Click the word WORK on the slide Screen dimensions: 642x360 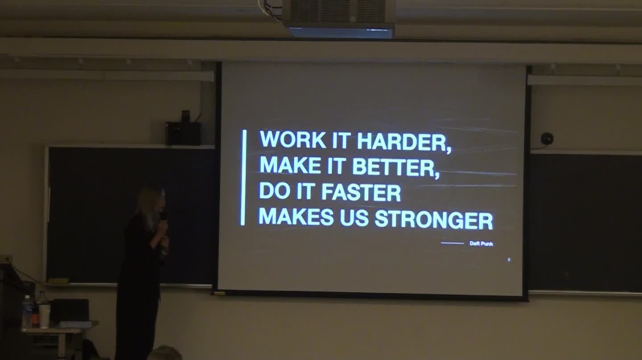click(x=292, y=140)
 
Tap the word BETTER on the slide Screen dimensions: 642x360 click(x=395, y=167)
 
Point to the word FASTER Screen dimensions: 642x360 click(x=361, y=192)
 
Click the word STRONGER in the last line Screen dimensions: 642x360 click(x=433, y=220)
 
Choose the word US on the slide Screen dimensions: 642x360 click(x=354, y=218)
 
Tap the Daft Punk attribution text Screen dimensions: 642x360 click(x=481, y=243)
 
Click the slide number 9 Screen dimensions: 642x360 click(x=509, y=260)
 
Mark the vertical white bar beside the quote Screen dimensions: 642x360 click(x=243, y=178)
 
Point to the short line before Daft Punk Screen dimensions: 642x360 click(x=452, y=243)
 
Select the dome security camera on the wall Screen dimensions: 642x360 click(x=547, y=139)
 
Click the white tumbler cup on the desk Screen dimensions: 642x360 click(x=45, y=315)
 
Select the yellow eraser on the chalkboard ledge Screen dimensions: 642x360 click(x=58, y=281)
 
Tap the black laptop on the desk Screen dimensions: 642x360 click(x=71, y=310)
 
